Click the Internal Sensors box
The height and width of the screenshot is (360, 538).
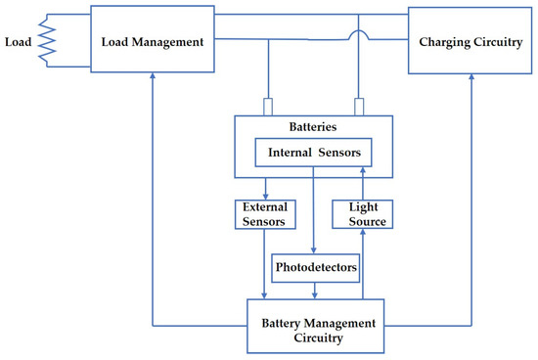tap(313, 154)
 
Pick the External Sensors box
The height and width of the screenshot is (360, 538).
tap(265, 214)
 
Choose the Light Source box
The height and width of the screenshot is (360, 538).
tap(363, 214)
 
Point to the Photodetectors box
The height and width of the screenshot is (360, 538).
tap(314, 267)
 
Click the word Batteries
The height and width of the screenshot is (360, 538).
tap(313, 127)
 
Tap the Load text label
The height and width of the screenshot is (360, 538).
tap(21, 42)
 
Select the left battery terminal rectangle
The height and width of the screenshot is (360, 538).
tap(266, 106)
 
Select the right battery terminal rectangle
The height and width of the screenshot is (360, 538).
tap(359, 106)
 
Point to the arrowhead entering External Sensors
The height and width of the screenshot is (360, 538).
tap(265, 195)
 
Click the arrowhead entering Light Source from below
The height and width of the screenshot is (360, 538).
tap(363, 235)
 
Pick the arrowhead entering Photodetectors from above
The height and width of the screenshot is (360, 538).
tap(314, 250)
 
